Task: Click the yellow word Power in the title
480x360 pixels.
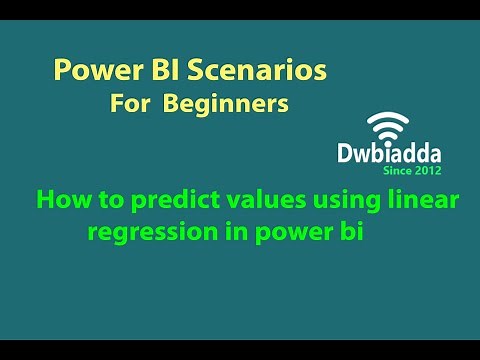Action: click(x=88, y=72)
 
